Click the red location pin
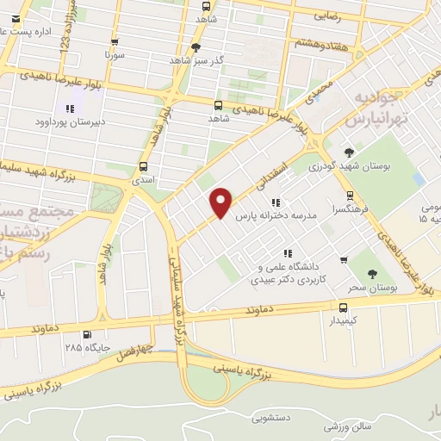[x=221, y=202]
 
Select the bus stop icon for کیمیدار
[x=344, y=307]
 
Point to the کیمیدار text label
[x=343, y=321]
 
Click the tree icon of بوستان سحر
[x=372, y=274]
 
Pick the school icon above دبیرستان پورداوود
[x=69, y=109]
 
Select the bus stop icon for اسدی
[x=143, y=167]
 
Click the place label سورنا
[x=115, y=53]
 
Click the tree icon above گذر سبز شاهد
[x=196, y=47]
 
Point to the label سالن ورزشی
[x=348, y=426]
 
